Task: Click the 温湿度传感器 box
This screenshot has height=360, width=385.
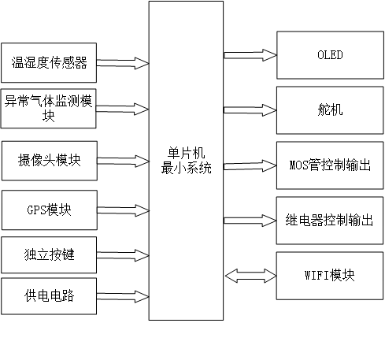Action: [49, 62]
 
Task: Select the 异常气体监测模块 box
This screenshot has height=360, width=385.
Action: [49, 109]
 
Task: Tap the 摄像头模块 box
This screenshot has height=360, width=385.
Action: [49, 161]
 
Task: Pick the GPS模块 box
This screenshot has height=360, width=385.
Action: [49, 210]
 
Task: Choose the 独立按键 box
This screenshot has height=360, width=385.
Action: [49, 255]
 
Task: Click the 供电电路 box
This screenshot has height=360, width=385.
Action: [49, 295]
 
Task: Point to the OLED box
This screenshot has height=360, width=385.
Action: [330, 55]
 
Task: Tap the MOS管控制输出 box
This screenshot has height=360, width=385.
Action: [330, 166]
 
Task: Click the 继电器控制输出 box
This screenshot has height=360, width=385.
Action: [330, 219]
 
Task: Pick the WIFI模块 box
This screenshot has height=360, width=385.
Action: [330, 275]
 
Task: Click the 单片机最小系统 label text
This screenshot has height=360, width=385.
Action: [186, 161]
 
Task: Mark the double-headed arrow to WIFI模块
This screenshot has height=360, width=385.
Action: [250, 275]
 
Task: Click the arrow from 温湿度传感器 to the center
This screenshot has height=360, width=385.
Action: [122, 62]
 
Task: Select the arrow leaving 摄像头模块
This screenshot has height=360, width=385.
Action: [122, 161]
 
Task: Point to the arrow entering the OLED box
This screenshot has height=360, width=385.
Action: [250, 55]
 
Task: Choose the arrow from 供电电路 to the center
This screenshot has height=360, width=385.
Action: [122, 295]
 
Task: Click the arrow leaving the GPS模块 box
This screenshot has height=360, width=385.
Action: [122, 210]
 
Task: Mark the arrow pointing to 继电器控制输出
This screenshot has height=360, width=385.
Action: [250, 219]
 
